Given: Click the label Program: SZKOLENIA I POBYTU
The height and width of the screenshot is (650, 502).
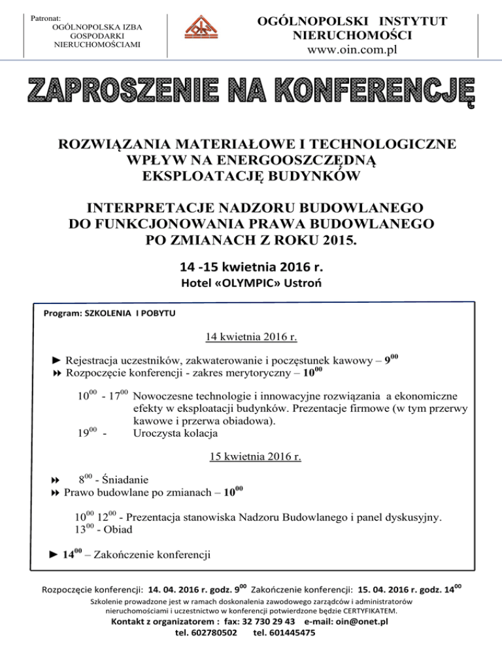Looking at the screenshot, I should [x=109, y=313].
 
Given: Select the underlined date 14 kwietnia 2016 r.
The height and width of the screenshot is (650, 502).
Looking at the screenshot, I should [x=252, y=338].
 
